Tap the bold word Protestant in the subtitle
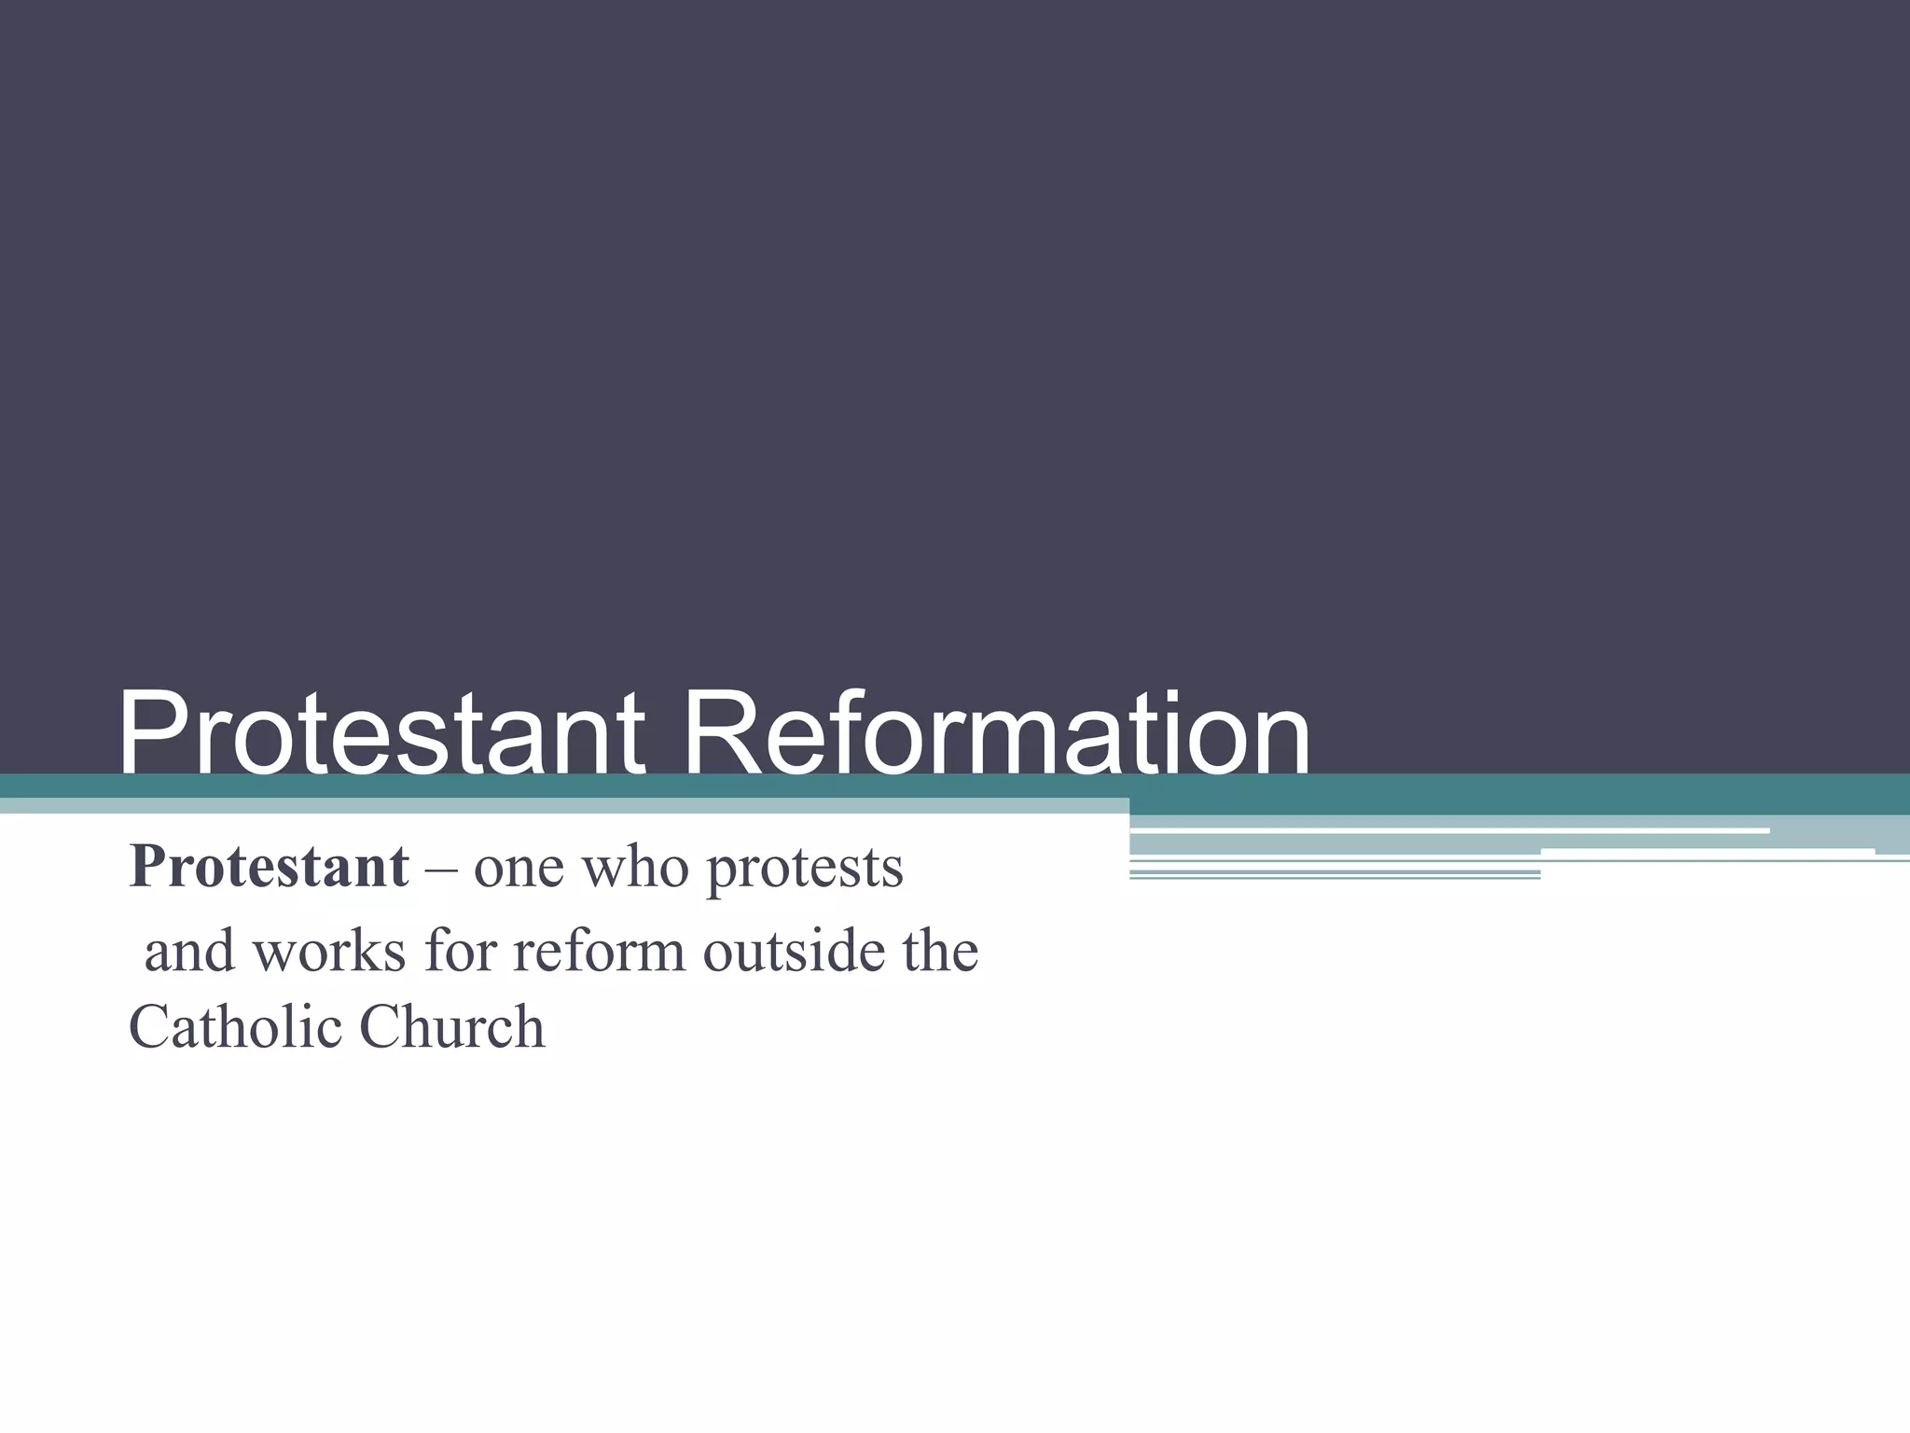point(269,867)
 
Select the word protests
point(805,870)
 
